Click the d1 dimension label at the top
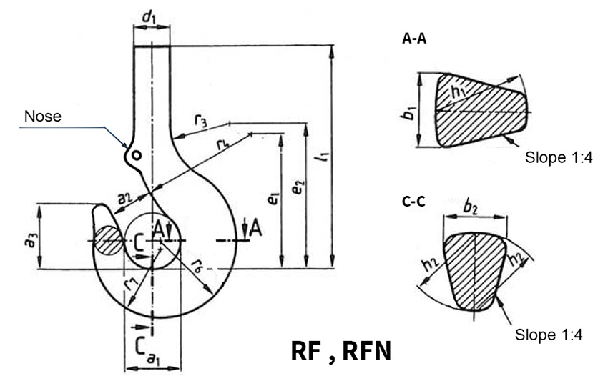click(151, 14)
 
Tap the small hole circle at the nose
click(136, 155)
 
